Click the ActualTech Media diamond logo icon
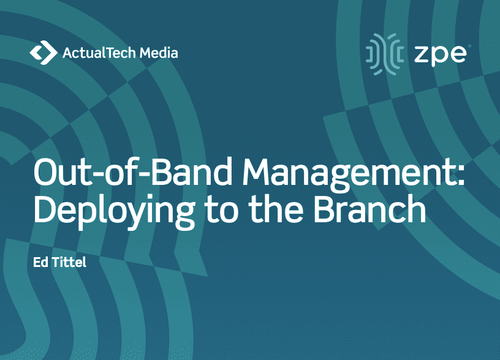pos(44,53)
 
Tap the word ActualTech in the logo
pos(99,53)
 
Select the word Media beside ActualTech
pos(159,53)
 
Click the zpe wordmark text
pos(440,54)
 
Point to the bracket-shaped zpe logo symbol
pos(385,54)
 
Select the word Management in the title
pos(348,174)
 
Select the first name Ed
pos(40,262)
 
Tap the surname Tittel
pos(69,262)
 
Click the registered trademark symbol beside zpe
pos(469,47)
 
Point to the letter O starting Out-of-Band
pos(47,171)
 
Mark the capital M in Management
pos(257,171)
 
